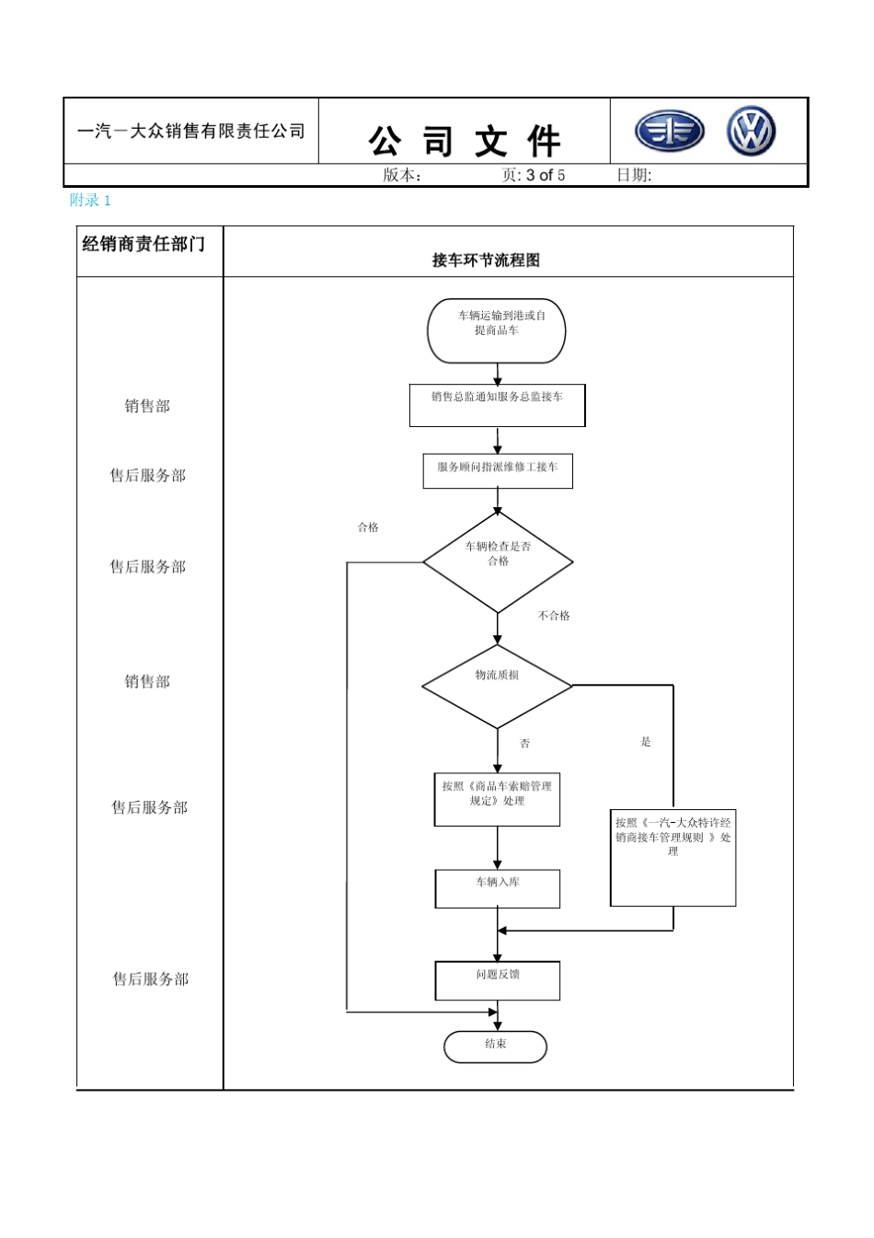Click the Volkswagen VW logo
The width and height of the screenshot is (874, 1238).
click(751, 131)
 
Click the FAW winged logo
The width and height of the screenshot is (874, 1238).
click(670, 132)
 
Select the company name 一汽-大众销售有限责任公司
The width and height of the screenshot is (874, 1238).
click(191, 132)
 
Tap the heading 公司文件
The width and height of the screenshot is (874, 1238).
click(465, 142)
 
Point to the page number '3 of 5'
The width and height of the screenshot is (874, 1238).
click(546, 175)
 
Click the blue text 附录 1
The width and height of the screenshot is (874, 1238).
click(90, 200)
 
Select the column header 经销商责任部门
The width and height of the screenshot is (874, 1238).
click(144, 244)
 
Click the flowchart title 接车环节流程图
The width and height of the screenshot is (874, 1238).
click(486, 260)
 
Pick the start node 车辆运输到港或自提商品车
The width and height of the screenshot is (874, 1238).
click(497, 330)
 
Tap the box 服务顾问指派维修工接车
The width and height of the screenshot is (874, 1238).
click(498, 470)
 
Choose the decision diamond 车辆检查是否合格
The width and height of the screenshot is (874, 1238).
click(498, 561)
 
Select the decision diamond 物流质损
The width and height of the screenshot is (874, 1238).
click(497, 686)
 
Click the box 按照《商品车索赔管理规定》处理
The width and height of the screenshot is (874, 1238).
click(497, 799)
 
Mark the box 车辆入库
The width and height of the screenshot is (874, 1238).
click(497, 888)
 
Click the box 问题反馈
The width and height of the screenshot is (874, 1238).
click(497, 980)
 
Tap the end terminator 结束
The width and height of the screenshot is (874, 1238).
click(495, 1047)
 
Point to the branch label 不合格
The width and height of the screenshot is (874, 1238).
click(554, 616)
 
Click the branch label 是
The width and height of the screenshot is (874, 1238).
click(646, 742)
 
